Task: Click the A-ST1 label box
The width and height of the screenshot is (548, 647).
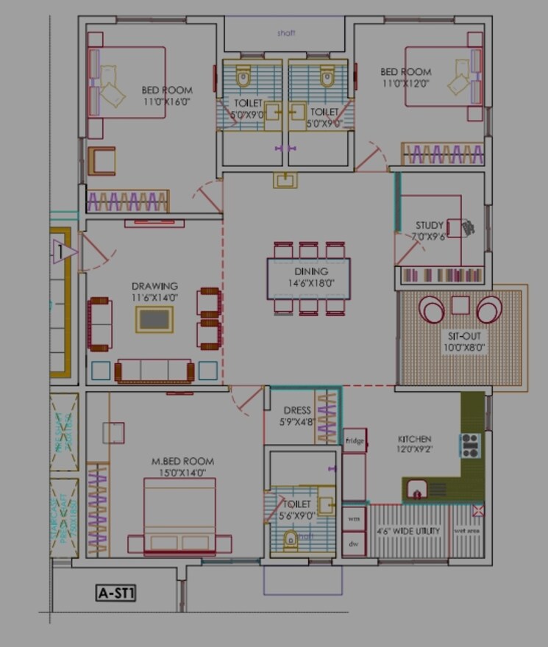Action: [x=118, y=592]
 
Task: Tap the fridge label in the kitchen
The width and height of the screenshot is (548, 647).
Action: [x=355, y=440]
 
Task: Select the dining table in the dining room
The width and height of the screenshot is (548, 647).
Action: [x=308, y=278]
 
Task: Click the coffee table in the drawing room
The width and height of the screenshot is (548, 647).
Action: [x=154, y=320]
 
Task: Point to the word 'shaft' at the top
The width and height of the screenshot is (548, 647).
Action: [x=285, y=33]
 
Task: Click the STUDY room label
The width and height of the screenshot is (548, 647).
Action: [x=430, y=225]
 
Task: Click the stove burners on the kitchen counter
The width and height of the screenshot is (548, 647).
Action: [x=469, y=445]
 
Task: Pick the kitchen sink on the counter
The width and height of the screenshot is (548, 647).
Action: [x=418, y=489]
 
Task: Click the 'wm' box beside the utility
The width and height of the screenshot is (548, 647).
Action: [x=355, y=518]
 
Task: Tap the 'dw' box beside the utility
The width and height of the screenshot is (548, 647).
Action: [x=355, y=543]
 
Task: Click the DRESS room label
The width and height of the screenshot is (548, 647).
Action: [x=297, y=410]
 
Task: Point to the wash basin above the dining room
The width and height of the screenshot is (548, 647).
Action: [x=285, y=179]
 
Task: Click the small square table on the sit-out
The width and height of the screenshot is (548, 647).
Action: [x=460, y=304]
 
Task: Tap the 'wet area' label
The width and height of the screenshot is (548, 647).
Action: [x=466, y=530]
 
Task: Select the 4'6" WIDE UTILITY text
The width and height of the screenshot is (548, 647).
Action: [x=408, y=530]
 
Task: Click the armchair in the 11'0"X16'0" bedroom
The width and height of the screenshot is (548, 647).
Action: [x=102, y=160]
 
